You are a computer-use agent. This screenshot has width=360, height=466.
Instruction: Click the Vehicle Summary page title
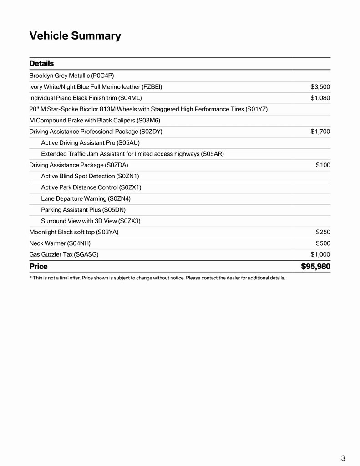[x=75, y=36]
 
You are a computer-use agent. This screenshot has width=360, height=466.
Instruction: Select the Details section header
[x=41, y=63]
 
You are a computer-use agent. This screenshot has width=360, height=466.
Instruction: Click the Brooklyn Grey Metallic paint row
[x=71, y=76]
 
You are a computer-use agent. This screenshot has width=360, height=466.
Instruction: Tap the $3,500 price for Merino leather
[x=320, y=87]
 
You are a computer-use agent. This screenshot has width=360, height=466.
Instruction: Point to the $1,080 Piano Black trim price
[x=320, y=98]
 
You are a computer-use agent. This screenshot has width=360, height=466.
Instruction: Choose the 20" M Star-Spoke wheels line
[x=148, y=109]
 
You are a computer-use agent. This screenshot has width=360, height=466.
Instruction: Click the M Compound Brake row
[x=95, y=120]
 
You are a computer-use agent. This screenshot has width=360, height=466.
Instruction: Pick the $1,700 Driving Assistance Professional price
[x=320, y=132]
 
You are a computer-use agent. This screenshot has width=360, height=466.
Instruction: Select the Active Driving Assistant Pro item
[x=90, y=142]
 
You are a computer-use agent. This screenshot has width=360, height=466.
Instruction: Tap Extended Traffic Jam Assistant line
[x=132, y=154]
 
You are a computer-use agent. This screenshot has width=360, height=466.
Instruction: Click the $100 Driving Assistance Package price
[x=323, y=165]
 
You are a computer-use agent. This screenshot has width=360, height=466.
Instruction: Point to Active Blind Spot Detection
[x=90, y=176]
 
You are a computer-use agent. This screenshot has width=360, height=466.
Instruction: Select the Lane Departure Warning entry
[x=86, y=198]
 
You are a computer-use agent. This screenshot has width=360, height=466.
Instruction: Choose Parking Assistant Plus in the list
[x=83, y=210]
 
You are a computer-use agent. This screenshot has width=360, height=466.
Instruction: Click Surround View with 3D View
[x=91, y=221]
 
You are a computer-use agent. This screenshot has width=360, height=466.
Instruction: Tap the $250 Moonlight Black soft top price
[x=323, y=232]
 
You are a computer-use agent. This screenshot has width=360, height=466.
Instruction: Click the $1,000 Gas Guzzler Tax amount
[x=320, y=254]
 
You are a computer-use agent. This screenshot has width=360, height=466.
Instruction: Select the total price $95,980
[x=315, y=266]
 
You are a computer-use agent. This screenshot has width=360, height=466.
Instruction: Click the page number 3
[x=343, y=458]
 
